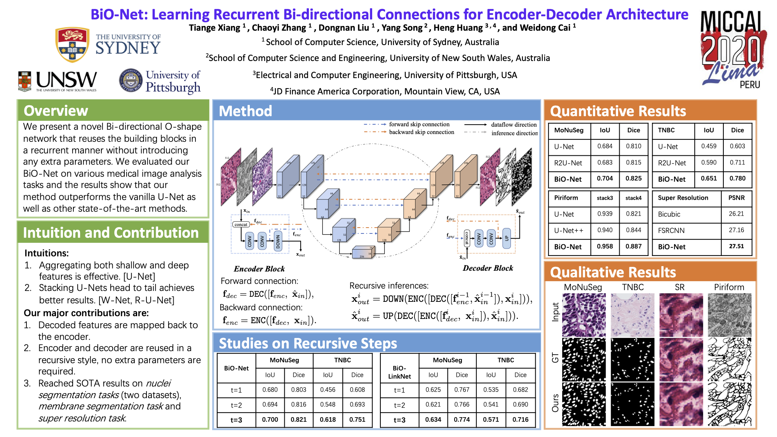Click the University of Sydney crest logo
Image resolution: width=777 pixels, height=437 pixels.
coord(72,45)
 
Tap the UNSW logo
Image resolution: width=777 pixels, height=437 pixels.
coord(57,81)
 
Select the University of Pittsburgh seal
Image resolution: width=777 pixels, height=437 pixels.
coord(131,80)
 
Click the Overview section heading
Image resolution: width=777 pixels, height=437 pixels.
coord(56,111)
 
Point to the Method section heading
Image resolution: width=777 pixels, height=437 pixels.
coord(246,111)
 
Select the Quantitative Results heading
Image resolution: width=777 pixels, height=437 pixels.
coord(618,111)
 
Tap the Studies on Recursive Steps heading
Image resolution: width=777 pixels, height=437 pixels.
coord(308,343)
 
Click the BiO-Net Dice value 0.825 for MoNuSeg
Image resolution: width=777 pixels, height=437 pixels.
coord(633,179)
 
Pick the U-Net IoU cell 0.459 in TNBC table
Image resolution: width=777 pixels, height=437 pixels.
coord(709,146)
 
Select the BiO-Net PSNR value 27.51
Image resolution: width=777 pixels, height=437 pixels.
coord(736,246)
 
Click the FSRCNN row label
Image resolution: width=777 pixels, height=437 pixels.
coord(671,230)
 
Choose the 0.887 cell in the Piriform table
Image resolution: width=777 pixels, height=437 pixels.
coord(633,246)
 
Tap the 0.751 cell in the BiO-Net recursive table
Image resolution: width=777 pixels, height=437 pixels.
coord(357,420)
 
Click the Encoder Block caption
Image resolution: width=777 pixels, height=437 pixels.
coord(259,269)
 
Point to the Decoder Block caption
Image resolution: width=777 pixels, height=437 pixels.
coord(488,268)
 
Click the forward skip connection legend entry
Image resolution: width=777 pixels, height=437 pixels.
coord(419,124)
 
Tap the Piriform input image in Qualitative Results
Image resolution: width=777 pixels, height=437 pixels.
coord(729,315)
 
